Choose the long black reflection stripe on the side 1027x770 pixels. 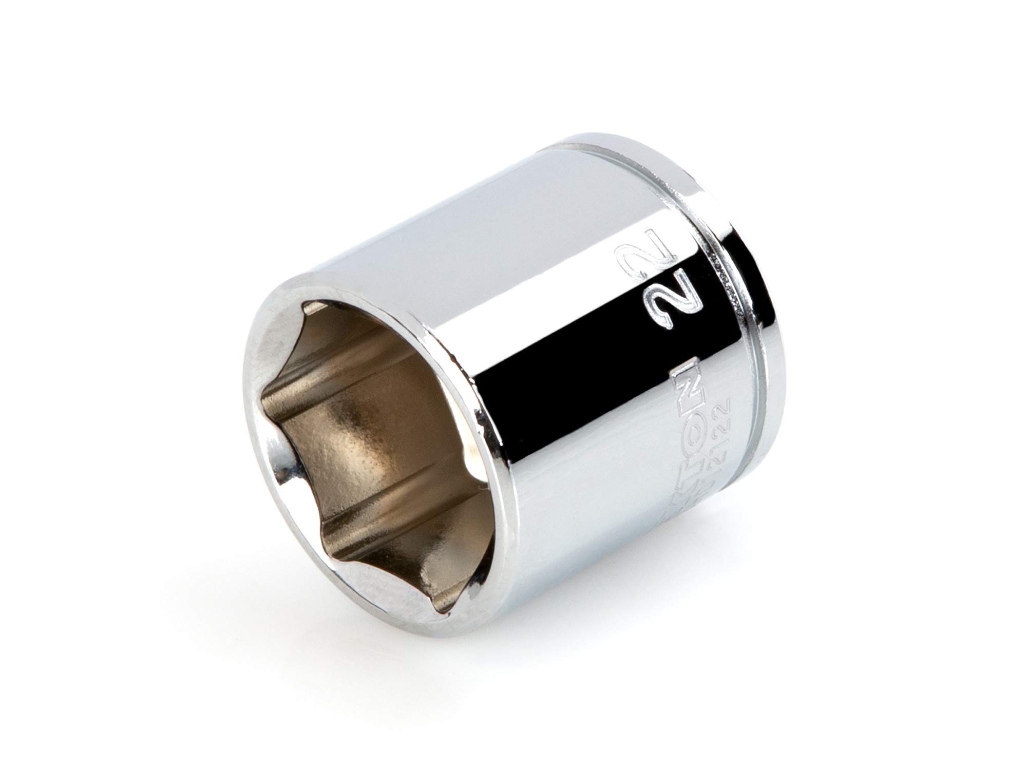click(x=591, y=359)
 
